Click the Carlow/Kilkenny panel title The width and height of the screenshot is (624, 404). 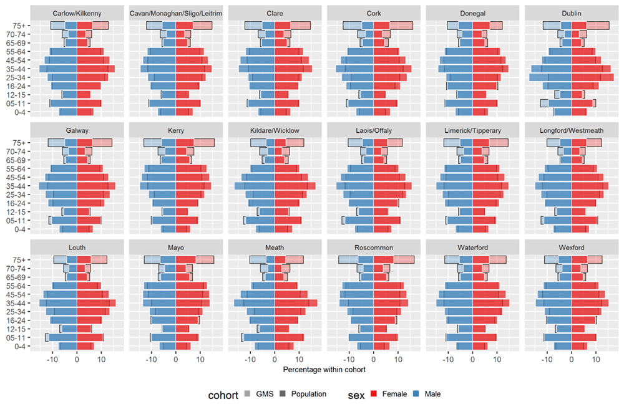pos(76,13)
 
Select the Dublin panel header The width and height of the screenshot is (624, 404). pos(570,13)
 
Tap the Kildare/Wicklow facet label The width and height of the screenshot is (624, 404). pos(274,130)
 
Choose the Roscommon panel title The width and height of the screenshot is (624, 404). pos(373,248)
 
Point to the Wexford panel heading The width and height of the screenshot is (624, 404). pos(570,248)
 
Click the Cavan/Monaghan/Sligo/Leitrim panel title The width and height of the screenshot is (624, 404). pos(175,13)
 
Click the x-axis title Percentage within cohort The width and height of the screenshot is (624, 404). pos(324,370)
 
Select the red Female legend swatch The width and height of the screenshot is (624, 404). pos(374,394)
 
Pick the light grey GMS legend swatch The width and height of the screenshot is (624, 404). pos(248,394)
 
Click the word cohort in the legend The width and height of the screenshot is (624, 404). pos(222,394)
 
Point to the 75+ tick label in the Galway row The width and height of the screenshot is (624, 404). pos(17,143)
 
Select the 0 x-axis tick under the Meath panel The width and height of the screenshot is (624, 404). pos(275,359)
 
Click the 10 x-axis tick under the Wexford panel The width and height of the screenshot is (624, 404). pos(596,359)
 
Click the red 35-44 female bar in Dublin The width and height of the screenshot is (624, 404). pos(585,69)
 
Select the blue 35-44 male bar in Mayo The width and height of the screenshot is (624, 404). pos(159,303)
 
